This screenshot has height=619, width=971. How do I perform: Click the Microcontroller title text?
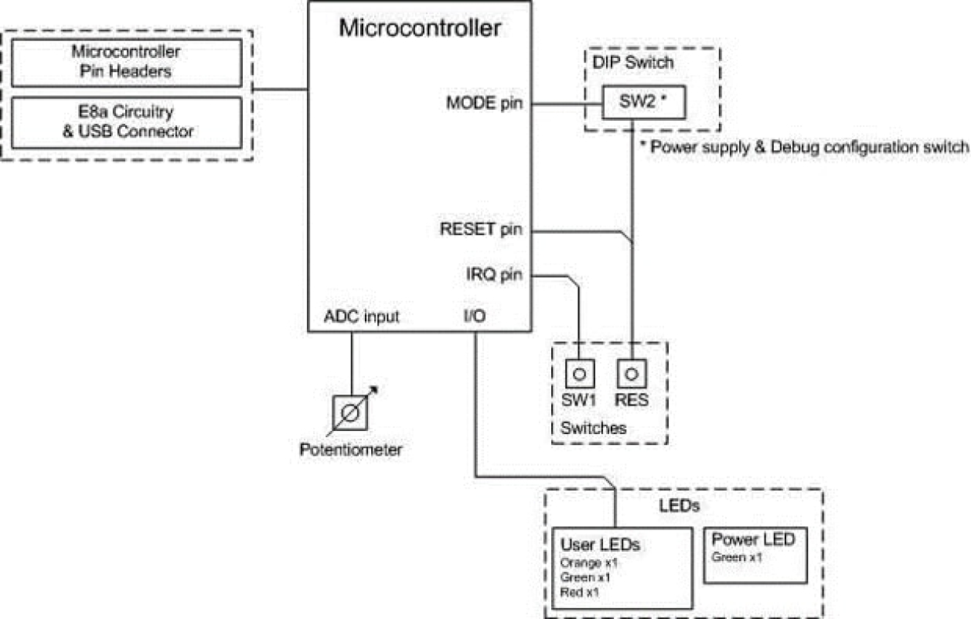point(420,29)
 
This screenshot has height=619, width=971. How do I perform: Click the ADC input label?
point(361,316)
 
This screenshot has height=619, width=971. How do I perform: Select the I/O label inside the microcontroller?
point(475,316)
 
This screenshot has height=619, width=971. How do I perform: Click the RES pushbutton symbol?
point(632,374)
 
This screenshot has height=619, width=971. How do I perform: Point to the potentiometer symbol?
point(351,412)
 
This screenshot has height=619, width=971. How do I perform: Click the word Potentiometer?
point(351,450)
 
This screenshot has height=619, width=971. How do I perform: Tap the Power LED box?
point(754,555)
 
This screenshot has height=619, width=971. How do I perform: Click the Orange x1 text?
point(589,563)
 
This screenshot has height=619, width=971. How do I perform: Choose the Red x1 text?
point(580,592)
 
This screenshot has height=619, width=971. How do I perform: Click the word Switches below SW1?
point(593,428)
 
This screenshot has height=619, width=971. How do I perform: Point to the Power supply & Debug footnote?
point(805,147)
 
